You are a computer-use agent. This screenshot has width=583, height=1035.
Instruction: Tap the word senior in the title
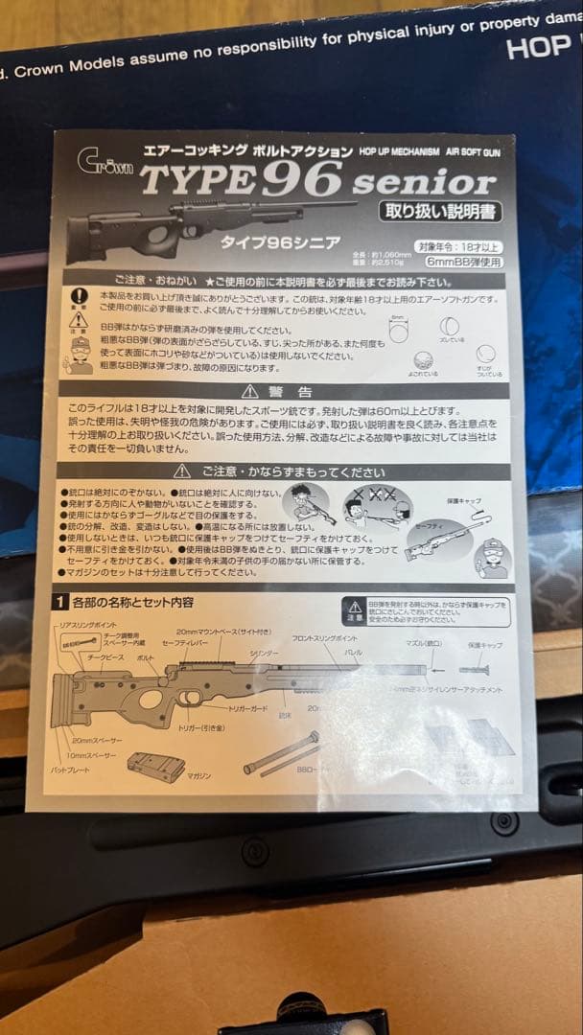click(x=424, y=181)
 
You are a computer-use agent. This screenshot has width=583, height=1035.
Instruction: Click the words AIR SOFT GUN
click(x=473, y=152)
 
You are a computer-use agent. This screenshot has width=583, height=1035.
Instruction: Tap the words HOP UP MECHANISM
click(x=400, y=152)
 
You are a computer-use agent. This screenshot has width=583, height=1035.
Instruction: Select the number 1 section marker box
click(x=59, y=603)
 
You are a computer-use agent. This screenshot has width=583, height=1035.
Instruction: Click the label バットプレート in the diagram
click(x=73, y=770)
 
